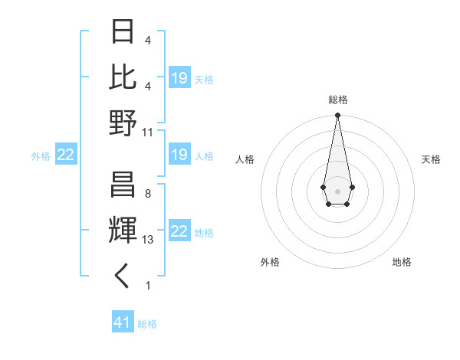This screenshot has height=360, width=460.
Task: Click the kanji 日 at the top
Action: [123, 32]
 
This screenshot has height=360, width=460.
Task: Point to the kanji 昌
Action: [123, 186]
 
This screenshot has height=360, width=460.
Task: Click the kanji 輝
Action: [123, 231]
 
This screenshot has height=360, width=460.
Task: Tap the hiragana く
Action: [123, 277]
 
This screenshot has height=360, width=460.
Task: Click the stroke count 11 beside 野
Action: [148, 132]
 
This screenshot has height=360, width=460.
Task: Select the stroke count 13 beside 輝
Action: [148, 240]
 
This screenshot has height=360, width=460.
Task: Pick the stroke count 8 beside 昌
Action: [147, 194]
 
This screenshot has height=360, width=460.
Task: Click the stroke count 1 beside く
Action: [147, 286]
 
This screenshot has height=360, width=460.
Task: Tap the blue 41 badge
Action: [123, 322]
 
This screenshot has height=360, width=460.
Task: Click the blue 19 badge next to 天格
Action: [179, 78]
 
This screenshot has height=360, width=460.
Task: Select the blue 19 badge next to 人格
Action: [179, 155]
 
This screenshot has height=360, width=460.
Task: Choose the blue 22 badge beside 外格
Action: [65, 155]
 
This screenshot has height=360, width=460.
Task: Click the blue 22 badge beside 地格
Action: [179, 232]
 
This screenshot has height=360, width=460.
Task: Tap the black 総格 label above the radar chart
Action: [337, 100]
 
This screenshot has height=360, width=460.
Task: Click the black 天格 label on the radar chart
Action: [431, 159]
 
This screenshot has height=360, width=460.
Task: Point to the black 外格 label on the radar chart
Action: [270, 262]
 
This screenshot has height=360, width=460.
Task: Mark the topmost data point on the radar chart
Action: [337, 116]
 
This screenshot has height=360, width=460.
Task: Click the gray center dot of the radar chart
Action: [337, 190]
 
